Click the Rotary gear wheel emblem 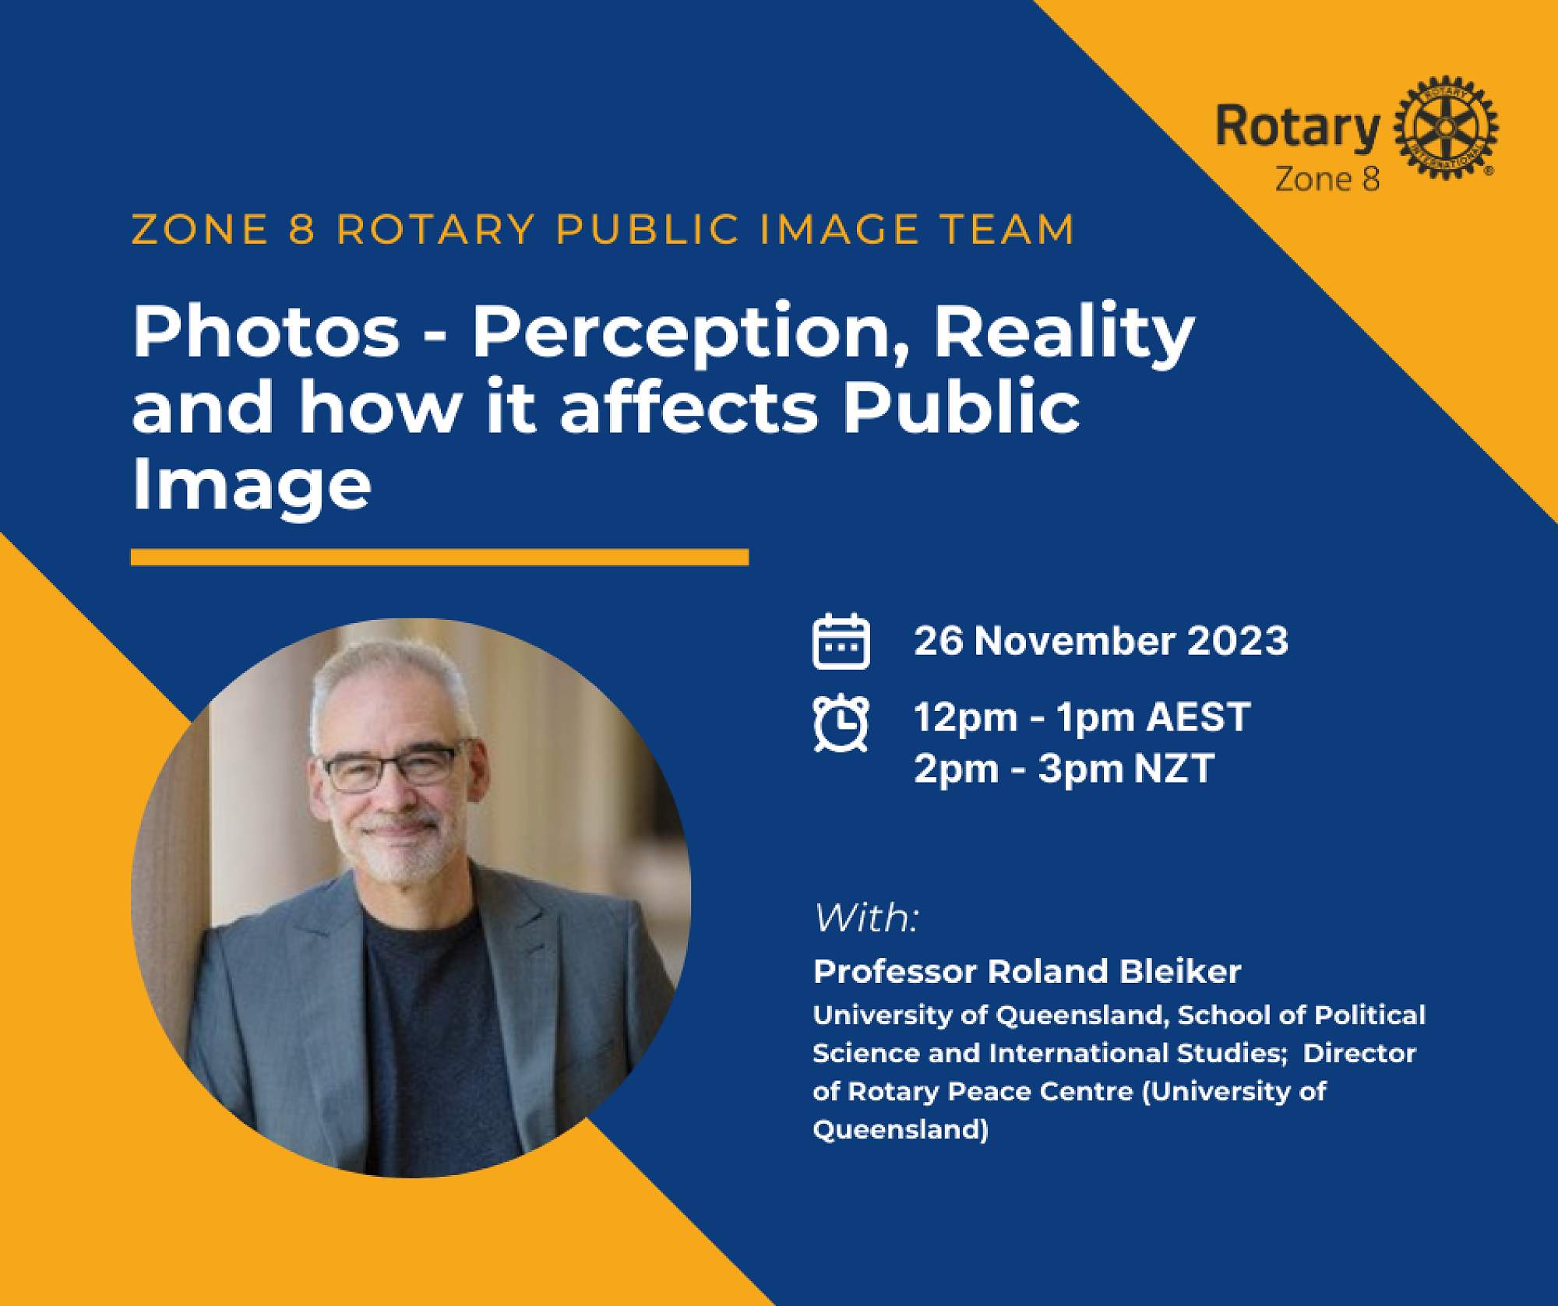coord(1446,128)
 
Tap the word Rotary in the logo coord(1298,127)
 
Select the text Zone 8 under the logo coord(1327,179)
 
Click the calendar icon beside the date coord(841,641)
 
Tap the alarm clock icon coord(841,723)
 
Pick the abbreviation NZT coord(1174,769)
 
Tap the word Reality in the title coord(1064,333)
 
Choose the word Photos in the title coord(266,331)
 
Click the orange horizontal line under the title coord(439,557)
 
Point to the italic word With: coord(866,917)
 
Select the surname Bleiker coord(1180,971)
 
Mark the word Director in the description coord(1359,1053)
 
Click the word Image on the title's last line coord(252,487)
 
